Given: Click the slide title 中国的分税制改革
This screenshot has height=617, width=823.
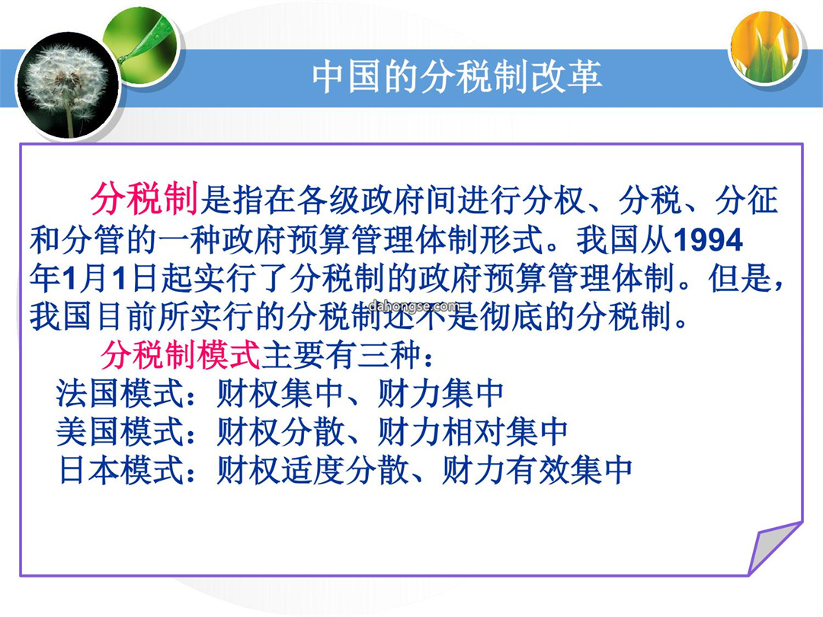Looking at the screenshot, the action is click(456, 77).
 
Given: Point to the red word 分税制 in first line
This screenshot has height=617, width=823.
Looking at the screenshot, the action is click(144, 200).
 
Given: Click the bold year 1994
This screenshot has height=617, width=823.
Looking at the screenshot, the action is click(708, 240).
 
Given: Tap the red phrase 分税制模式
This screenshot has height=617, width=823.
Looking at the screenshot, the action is click(180, 355).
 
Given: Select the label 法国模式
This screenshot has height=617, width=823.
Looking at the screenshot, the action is click(120, 394).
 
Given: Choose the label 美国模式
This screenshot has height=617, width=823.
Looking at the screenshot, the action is click(120, 432).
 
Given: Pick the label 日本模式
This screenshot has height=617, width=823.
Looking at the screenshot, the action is click(120, 469).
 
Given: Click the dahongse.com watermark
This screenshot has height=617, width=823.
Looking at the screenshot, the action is click(415, 306).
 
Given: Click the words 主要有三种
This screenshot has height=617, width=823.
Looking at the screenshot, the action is click(341, 355).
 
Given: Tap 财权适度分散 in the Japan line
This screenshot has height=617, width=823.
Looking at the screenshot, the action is click(313, 469).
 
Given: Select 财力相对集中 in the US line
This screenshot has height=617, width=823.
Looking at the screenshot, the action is click(472, 432).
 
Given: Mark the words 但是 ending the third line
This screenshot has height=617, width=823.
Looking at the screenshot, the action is click(739, 278).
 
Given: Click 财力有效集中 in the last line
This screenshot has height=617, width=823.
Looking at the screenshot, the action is click(537, 469).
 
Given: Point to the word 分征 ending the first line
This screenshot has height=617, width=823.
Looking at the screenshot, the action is click(746, 200).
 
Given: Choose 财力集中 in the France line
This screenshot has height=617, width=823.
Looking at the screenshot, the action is click(440, 394).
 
